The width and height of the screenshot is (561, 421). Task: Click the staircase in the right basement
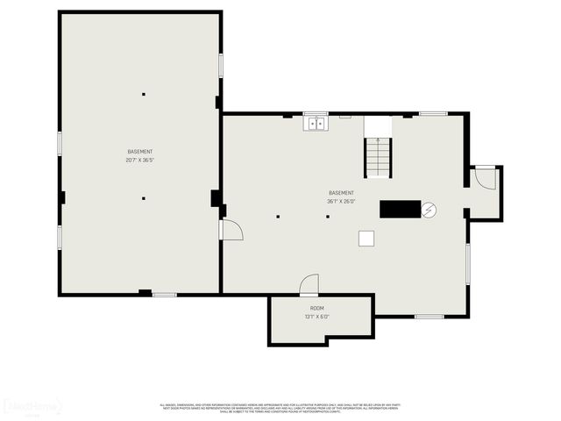click(379, 158)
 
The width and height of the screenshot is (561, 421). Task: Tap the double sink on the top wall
click(316, 124)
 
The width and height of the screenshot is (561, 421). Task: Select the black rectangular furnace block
click(400, 209)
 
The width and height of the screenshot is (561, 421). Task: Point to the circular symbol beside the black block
click(429, 210)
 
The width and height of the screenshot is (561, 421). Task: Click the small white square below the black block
click(366, 238)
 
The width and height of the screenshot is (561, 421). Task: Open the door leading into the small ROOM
click(309, 285)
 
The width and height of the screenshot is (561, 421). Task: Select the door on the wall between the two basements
click(231, 230)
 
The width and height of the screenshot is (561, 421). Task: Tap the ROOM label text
click(316, 309)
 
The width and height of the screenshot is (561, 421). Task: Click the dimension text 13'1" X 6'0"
click(316, 317)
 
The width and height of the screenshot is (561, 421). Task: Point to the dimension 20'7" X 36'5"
click(139, 160)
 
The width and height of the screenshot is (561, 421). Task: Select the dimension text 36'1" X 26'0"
click(341, 201)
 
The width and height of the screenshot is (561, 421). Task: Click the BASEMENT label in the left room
click(139, 152)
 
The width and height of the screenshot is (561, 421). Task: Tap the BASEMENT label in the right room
click(341, 193)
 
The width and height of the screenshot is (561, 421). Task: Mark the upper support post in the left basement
click(143, 95)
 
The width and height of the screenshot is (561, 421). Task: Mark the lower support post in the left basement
click(143, 198)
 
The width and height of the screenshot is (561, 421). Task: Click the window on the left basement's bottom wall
click(165, 295)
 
